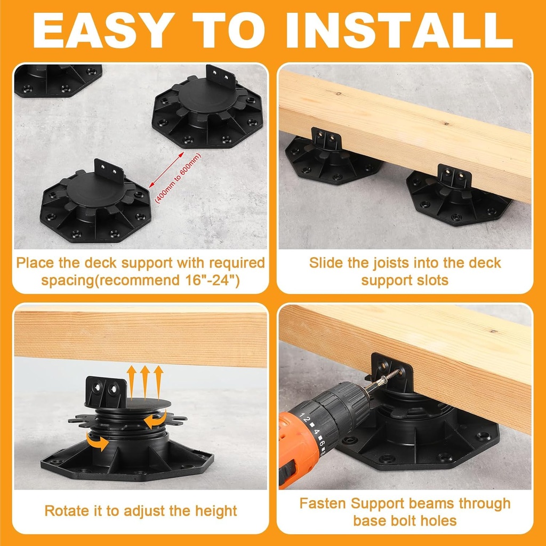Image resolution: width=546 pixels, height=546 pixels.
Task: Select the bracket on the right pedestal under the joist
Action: pos(454,179)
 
